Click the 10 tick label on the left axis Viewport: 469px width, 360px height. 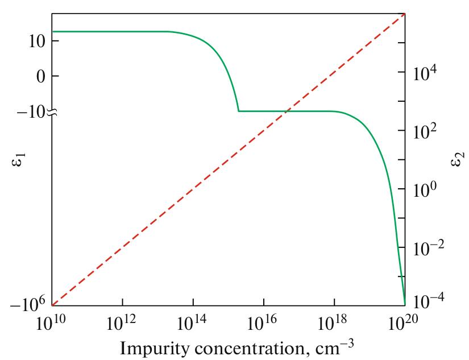[35, 42]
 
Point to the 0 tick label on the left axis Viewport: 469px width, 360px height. [40, 76]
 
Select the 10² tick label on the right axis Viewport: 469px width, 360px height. [425, 131]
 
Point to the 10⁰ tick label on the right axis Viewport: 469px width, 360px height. [425, 189]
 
